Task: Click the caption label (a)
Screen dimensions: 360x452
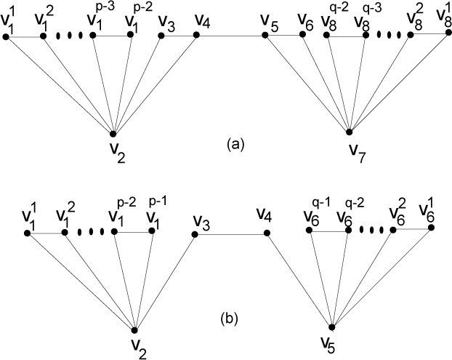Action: click(233, 144)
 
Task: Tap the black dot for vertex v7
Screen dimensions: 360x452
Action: click(350, 132)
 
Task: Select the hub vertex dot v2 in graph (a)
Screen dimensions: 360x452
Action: click(113, 134)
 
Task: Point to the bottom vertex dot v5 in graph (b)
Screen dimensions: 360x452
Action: click(331, 328)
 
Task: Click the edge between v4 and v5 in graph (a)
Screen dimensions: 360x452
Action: click(233, 34)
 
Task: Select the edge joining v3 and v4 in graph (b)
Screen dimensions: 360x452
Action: click(230, 233)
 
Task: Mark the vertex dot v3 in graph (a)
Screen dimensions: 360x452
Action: click(161, 35)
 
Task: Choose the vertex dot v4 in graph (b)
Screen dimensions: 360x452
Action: click(267, 233)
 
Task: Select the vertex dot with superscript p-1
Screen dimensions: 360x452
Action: click(152, 231)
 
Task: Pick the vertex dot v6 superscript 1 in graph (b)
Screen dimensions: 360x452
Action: click(431, 228)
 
